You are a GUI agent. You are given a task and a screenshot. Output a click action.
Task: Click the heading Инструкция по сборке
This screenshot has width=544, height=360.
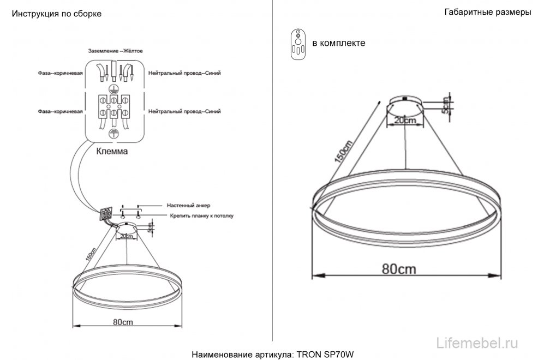57,14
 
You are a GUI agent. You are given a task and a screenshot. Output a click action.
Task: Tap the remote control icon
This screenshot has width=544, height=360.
298,43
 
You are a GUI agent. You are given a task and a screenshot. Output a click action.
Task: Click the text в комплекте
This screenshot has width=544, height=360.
338,43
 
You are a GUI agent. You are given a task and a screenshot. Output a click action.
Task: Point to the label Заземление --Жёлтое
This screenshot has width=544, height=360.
115,51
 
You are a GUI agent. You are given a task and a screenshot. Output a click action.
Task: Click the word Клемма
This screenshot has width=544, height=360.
112,152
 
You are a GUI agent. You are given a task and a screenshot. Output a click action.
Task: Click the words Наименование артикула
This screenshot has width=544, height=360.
243,355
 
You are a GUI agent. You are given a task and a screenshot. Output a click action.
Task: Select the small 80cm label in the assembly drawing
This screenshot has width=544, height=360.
123,322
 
